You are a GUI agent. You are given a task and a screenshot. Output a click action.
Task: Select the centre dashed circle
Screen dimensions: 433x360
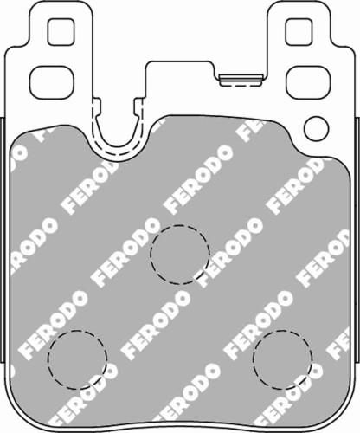click(x=180, y=253)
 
